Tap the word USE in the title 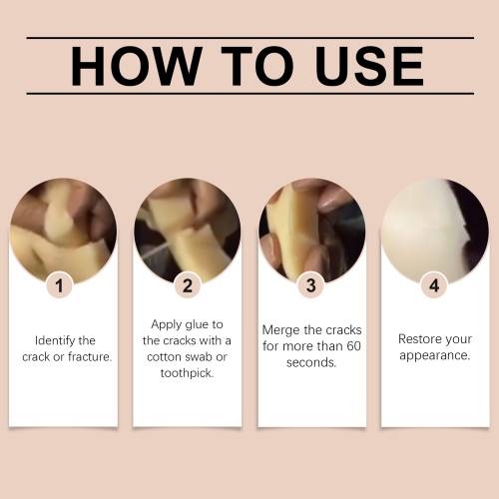pyautogui.click(x=369, y=66)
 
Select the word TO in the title pyautogui.click(x=257, y=66)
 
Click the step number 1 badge pyautogui.click(x=60, y=285)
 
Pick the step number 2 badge pyautogui.click(x=188, y=285)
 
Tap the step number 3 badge pyautogui.click(x=311, y=285)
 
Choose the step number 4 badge pyautogui.click(x=434, y=285)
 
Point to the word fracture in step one pyautogui.click(x=90, y=356)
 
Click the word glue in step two pyautogui.click(x=197, y=324)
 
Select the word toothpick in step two pyautogui.click(x=187, y=373)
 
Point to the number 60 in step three pyautogui.click(x=353, y=346)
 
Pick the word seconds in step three pyautogui.click(x=311, y=362)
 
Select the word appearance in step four pyautogui.click(x=435, y=355)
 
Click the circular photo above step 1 pyautogui.click(x=63, y=232)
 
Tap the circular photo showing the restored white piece pyautogui.click(x=435, y=232)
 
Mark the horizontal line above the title pyautogui.click(x=250, y=38)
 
